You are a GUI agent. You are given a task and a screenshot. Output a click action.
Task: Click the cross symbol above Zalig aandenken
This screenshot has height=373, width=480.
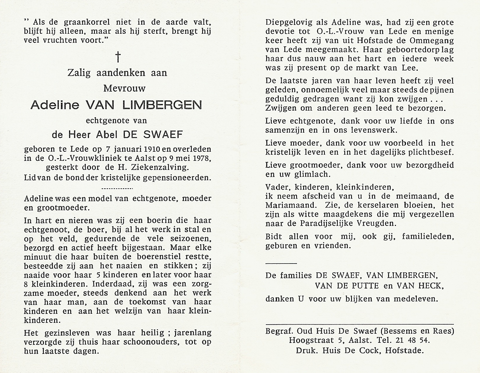tap(118, 57)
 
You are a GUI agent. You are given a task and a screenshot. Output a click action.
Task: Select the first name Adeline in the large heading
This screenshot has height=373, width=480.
tap(55, 105)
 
